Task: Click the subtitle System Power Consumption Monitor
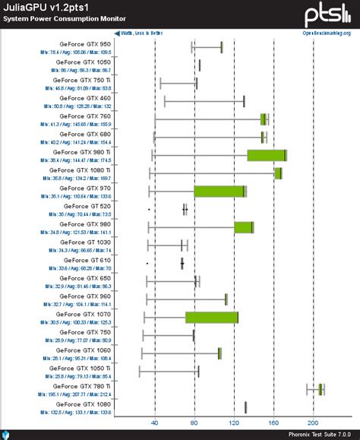coord(54,18)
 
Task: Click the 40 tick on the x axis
coord(155,423)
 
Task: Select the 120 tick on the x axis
coord(233,423)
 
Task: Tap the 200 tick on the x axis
coord(312,423)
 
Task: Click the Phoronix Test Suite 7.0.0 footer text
coord(317,435)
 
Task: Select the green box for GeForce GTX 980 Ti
coord(266,155)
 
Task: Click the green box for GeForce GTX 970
coord(219,191)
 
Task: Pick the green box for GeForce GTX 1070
coord(212,317)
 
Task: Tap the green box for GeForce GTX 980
coord(243,227)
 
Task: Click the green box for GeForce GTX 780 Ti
coord(321,389)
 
